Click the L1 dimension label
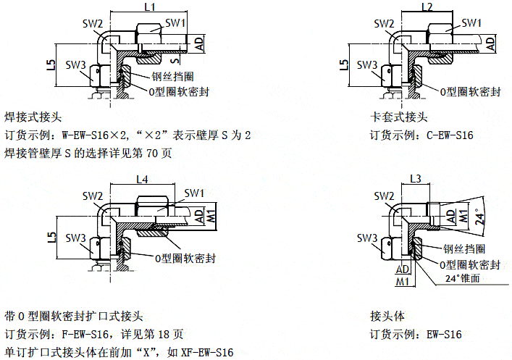(x=149, y=7)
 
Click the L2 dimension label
(x=427, y=7)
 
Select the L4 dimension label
(x=142, y=179)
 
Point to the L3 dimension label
(x=415, y=178)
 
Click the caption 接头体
(x=385, y=316)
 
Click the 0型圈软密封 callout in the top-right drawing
(x=471, y=91)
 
